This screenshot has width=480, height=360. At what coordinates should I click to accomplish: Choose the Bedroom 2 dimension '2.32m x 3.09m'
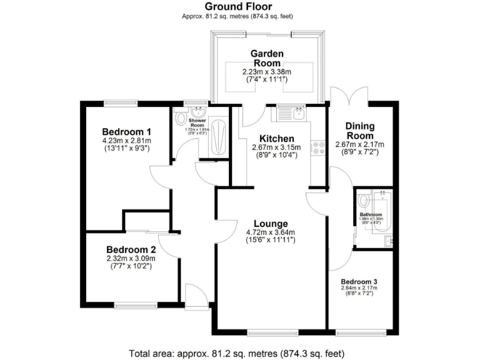131,258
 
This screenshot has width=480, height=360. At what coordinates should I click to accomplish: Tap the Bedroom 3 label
359,281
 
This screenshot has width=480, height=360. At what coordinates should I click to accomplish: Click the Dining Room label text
359,131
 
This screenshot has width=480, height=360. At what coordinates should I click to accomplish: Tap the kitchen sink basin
299,114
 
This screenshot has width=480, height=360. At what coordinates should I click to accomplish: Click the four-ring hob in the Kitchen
318,148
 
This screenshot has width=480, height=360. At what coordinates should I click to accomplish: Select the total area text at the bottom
239,352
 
